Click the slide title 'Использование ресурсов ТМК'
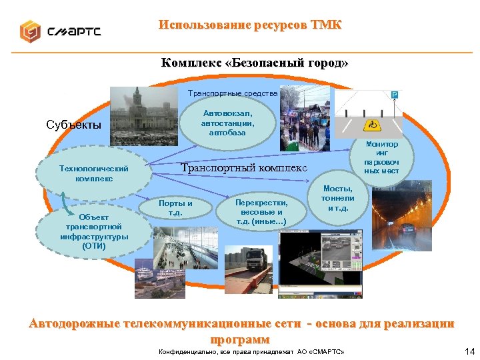click(250, 25)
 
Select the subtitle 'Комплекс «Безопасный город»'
click(254, 63)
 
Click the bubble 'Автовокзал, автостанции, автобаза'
click(229, 123)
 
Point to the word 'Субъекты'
click(73, 125)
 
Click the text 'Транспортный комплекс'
click(245, 167)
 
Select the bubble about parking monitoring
click(382, 157)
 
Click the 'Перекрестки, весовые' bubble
click(262, 212)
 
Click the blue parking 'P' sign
click(394, 95)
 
